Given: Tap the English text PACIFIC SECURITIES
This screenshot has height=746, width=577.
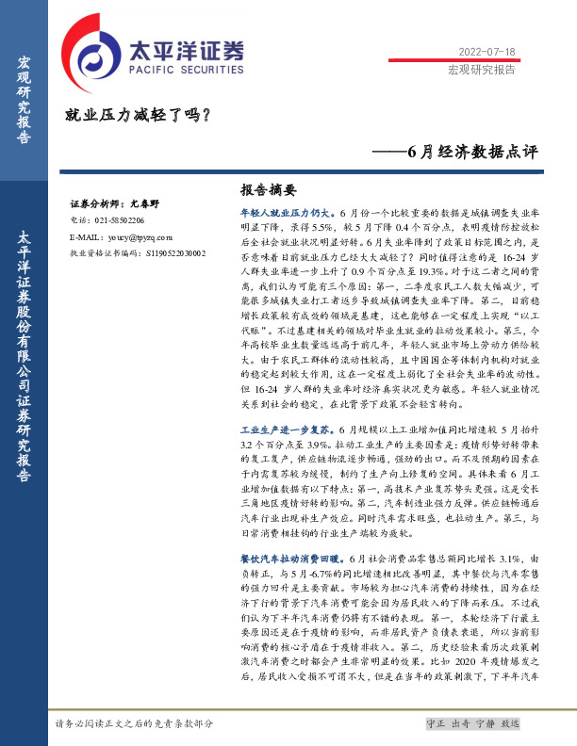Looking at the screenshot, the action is pos(173,69).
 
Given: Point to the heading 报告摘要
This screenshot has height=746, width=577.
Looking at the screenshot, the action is pos(269,188).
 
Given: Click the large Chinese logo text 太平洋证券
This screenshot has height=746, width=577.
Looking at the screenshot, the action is pos(185,50).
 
